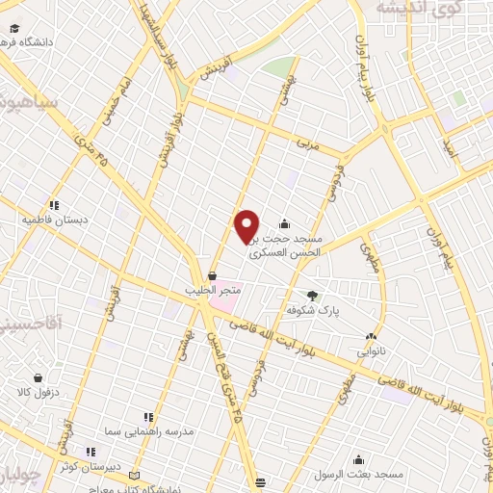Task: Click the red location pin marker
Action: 247,225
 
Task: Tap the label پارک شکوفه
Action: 316,311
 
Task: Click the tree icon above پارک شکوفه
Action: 310,296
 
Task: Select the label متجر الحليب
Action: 212,289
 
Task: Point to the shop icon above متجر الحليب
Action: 212,275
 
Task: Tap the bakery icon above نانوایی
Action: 371,337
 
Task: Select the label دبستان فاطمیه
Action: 55,220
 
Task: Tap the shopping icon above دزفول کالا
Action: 38,378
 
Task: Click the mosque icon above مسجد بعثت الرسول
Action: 358,460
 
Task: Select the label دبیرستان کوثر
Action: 89,466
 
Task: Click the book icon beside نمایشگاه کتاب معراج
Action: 134,477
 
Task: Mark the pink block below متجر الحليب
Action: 223,305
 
